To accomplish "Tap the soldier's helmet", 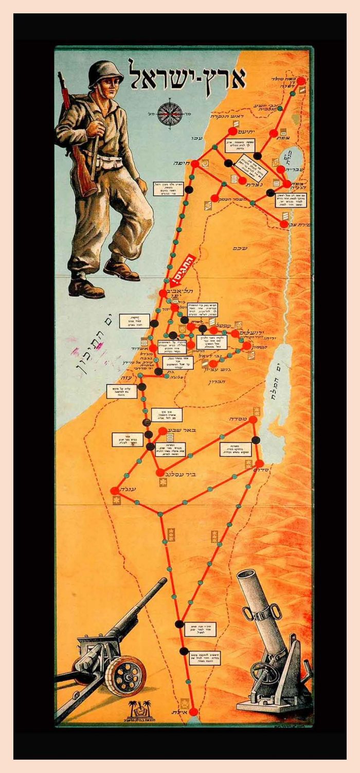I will (x=106, y=73).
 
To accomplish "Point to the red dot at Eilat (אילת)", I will (x=193, y=712).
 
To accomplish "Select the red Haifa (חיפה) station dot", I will (x=195, y=163).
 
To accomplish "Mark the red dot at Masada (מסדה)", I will (x=253, y=420).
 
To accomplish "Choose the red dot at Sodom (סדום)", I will (x=260, y=463).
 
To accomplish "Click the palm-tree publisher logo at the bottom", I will (x=140, y=710).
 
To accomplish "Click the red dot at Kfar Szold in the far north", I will (x=301, y=81).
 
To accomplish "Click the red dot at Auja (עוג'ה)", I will (x=114, y=491).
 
